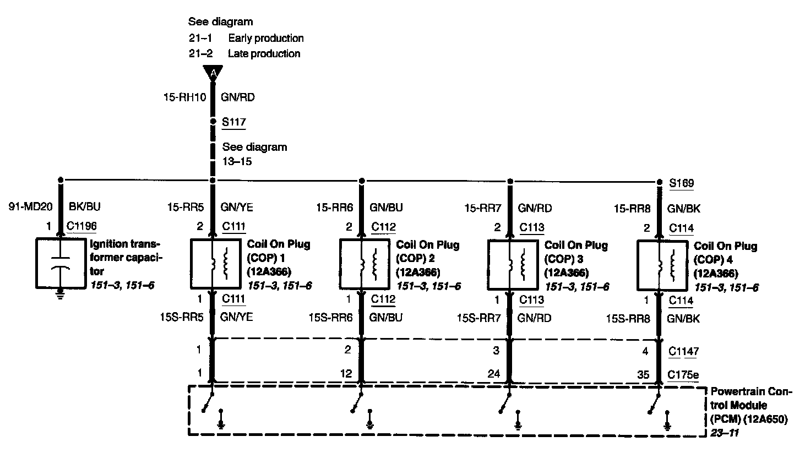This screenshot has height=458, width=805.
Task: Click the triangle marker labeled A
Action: click(213, 73)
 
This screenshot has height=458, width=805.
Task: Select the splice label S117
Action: click(233, 122)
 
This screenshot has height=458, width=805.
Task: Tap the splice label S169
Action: click(681, 183)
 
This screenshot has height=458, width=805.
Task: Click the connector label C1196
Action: click(82, 226)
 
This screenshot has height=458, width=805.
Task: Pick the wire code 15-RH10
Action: click(184, 98)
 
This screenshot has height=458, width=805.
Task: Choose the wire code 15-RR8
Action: click(632, 209)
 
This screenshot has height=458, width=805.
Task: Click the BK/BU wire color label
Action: click(84, 208)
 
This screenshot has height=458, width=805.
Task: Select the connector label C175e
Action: click(683, 375)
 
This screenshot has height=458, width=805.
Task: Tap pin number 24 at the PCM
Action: click(494, 374)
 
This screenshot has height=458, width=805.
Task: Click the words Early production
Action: click(266, 38)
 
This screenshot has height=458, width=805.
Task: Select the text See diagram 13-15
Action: click(254, 155)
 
